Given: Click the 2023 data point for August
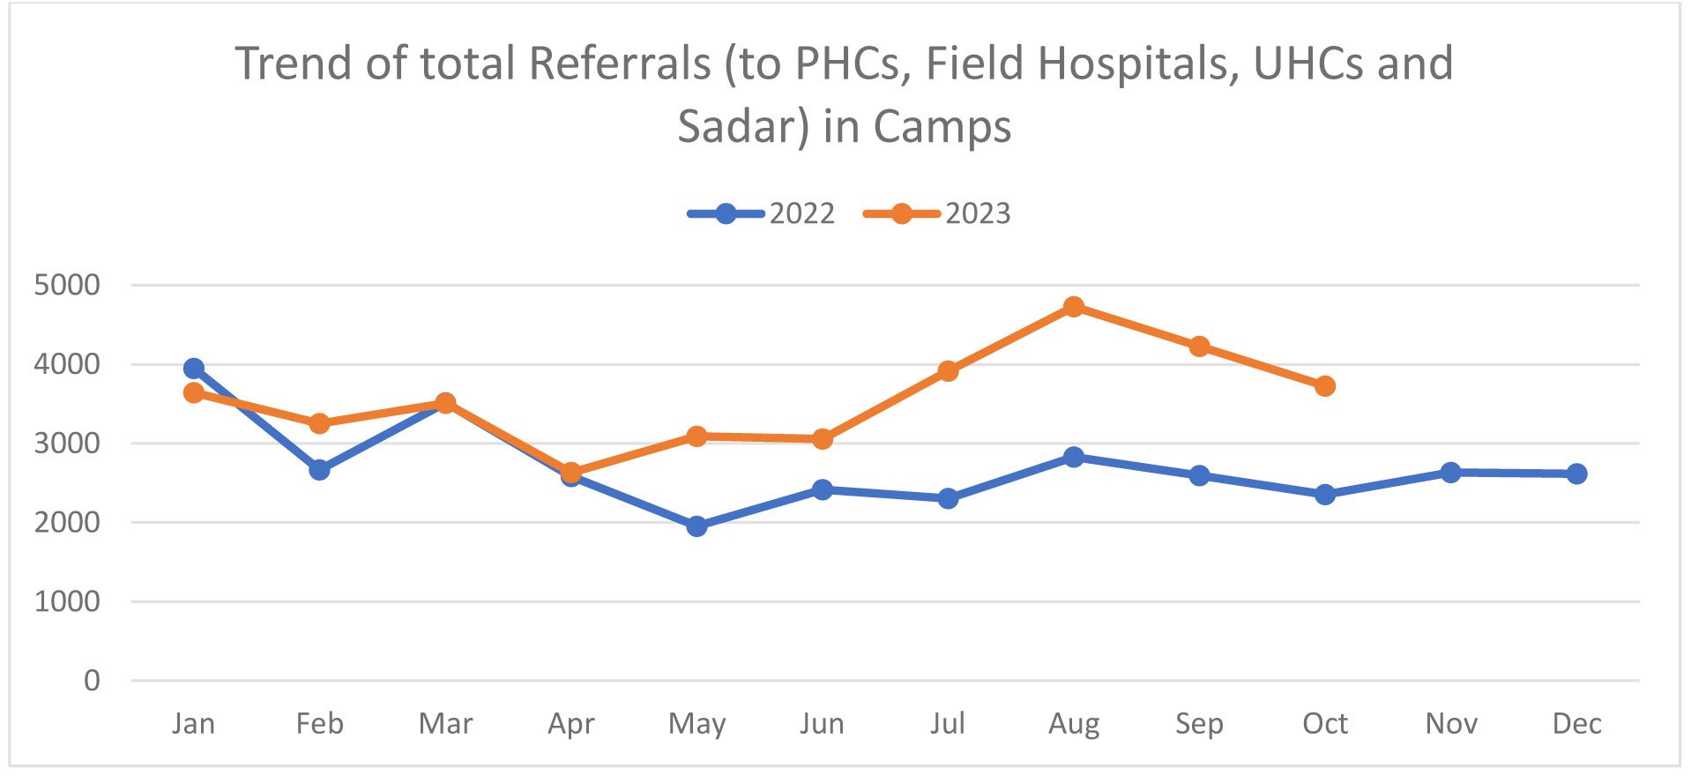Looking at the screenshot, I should click(1073, 307).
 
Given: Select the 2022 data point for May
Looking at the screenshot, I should click(697, 526).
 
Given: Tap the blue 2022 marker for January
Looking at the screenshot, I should click(194, 369).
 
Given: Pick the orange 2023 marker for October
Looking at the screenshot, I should click(1324, 386).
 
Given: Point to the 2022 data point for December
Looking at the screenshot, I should click(1576, 474).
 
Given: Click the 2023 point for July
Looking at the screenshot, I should click(948, 371).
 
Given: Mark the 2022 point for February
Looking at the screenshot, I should click(319, 470).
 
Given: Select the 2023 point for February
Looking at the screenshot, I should click(319, 423).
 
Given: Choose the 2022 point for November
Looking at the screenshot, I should click(1450, 473).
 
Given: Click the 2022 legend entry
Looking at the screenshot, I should click(762, 214).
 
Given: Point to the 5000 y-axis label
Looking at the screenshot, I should click(67, 285).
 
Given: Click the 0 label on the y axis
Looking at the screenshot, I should click(92, 681).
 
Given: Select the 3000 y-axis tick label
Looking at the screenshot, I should click(67, 444).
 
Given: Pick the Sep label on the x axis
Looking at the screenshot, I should click(1199, 724).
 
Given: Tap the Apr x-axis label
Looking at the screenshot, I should click(571, 724).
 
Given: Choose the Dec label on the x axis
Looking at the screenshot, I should click(1576, 724).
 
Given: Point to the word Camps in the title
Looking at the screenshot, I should click(942, 127).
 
